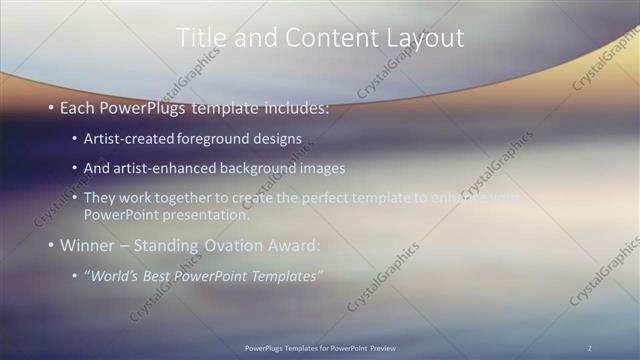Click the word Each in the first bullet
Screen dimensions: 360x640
click(x=78, y=107)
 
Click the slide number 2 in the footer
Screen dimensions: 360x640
click(x=590, y=348)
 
